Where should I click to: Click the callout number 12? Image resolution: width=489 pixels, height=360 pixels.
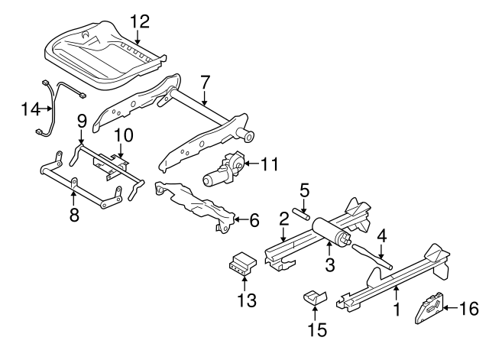pos(139,21)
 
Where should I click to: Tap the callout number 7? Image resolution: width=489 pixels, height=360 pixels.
pos(204,82)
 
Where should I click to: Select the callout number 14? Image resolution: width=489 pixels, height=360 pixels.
pos(30,109)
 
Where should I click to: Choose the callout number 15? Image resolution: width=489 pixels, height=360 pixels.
pos(317,330)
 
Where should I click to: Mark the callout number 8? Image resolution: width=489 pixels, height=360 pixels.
pos(73,216)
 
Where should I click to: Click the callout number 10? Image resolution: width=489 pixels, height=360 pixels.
pos(124,136)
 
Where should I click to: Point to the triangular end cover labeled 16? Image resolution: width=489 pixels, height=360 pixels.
pos(427,310)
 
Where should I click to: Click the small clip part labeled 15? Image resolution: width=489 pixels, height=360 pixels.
pos(314,297)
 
